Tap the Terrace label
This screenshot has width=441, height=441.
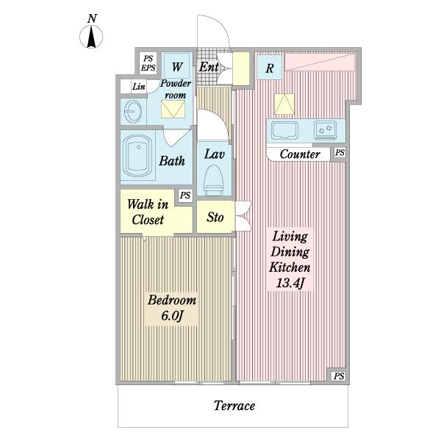234,406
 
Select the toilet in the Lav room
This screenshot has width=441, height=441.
213,180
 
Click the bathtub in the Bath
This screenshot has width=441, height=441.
137,157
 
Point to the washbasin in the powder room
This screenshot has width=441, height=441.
132,112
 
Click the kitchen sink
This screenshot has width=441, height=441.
284,130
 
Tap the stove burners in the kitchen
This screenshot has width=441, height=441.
325,130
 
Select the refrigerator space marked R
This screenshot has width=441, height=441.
269,68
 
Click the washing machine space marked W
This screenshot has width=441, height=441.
177,66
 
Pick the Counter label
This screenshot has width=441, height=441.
300,154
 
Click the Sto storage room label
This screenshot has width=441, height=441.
215,217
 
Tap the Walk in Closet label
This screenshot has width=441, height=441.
148,212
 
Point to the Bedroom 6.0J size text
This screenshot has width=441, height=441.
172,316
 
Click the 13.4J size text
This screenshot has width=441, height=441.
290,283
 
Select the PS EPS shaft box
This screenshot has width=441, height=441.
148,63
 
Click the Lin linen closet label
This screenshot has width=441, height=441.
139,86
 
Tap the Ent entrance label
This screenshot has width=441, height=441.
209,67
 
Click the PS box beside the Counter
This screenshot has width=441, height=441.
340,152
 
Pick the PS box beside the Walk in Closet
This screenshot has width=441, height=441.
185,196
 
